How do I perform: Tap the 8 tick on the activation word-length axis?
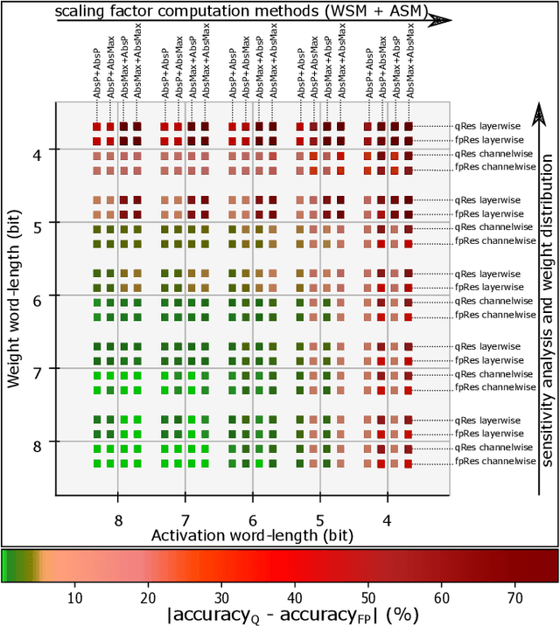118,519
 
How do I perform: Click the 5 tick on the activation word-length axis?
320,519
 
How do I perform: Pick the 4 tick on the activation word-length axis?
388,519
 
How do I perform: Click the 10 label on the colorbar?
76,597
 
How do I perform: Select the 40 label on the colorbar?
296,597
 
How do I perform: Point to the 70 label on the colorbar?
515,597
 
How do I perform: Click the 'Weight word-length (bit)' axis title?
15,296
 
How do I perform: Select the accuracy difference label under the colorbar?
280,615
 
